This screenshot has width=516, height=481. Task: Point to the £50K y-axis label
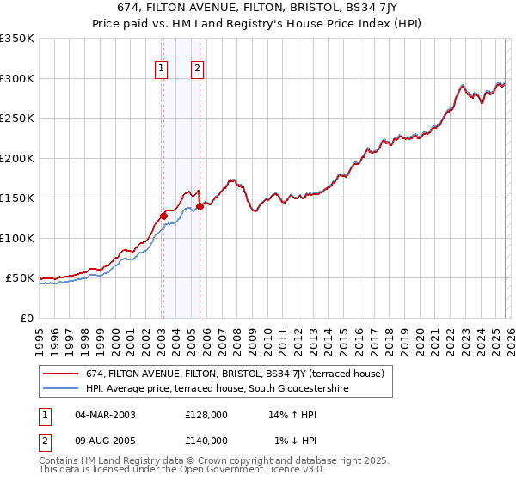(19, 278)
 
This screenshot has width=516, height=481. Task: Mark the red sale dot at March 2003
(163, 216)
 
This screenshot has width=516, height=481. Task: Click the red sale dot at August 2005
(200, 206)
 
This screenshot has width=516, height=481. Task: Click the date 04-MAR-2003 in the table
(106, 415)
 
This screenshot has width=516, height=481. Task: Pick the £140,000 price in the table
(206, 441)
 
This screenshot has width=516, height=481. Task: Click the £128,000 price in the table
(206, 415)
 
